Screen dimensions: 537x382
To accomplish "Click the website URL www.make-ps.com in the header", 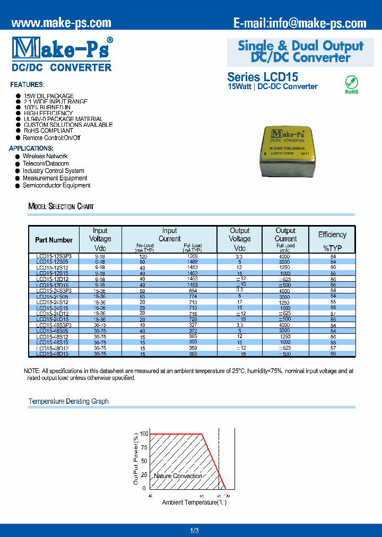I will click(x=61, y=23).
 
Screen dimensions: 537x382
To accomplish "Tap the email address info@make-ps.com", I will click(x=300, y=23).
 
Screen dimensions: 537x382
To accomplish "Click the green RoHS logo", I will click(x=352, y=84).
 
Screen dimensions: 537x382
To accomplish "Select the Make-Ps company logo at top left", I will click(x=62, y=53).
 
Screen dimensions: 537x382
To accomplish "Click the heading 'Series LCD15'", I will click(x=263, y=76).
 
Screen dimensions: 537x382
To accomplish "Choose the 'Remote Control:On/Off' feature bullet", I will click(x=51, y=138).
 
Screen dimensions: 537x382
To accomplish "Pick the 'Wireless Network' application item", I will click(x=45, y=157).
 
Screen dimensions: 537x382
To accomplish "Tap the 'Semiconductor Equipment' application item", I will click(x=56, y=186).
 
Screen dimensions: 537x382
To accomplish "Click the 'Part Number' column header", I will click(x=54, y=240).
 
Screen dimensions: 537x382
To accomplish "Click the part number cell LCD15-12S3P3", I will click(x=54, y=256).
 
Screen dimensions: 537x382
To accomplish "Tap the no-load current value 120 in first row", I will click(x=143, y=256).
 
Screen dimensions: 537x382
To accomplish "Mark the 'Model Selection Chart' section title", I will click(x=61, y=206).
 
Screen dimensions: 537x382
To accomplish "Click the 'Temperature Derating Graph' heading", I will click(x=68, y=401).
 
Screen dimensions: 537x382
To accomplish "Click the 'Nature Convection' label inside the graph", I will click(x=178, y=476).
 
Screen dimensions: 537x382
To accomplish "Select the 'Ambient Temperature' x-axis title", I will click(x=194, y=502).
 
